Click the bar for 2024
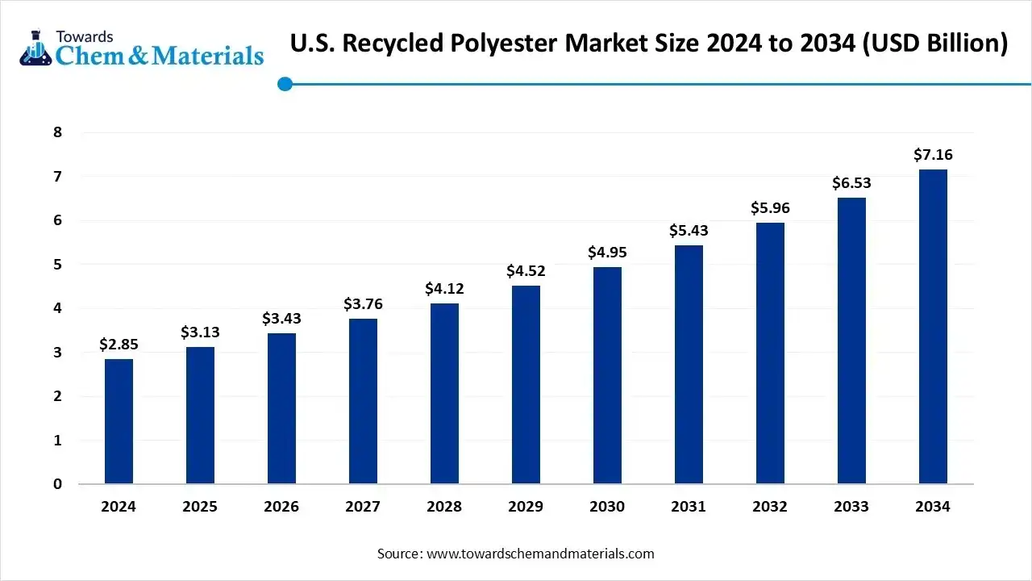click(119, 421)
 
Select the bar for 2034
click(933, 327)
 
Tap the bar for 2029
click(526, 385)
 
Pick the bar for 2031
click(689, 365)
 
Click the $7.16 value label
click(933, 154)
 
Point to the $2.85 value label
click(119, 345)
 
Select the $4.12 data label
click(444, 289)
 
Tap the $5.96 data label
click(770, 208)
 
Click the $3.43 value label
click(281, 319)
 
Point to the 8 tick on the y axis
click(57, 132)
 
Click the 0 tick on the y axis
click(57, 484)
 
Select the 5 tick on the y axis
click(57, 265)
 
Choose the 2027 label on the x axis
click(363, 507)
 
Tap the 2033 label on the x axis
click(851, 507)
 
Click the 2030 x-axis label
click(607, 507)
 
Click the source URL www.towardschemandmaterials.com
click(540, 554)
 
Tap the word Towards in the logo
click(85, 36)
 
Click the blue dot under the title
click(285, 84)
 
